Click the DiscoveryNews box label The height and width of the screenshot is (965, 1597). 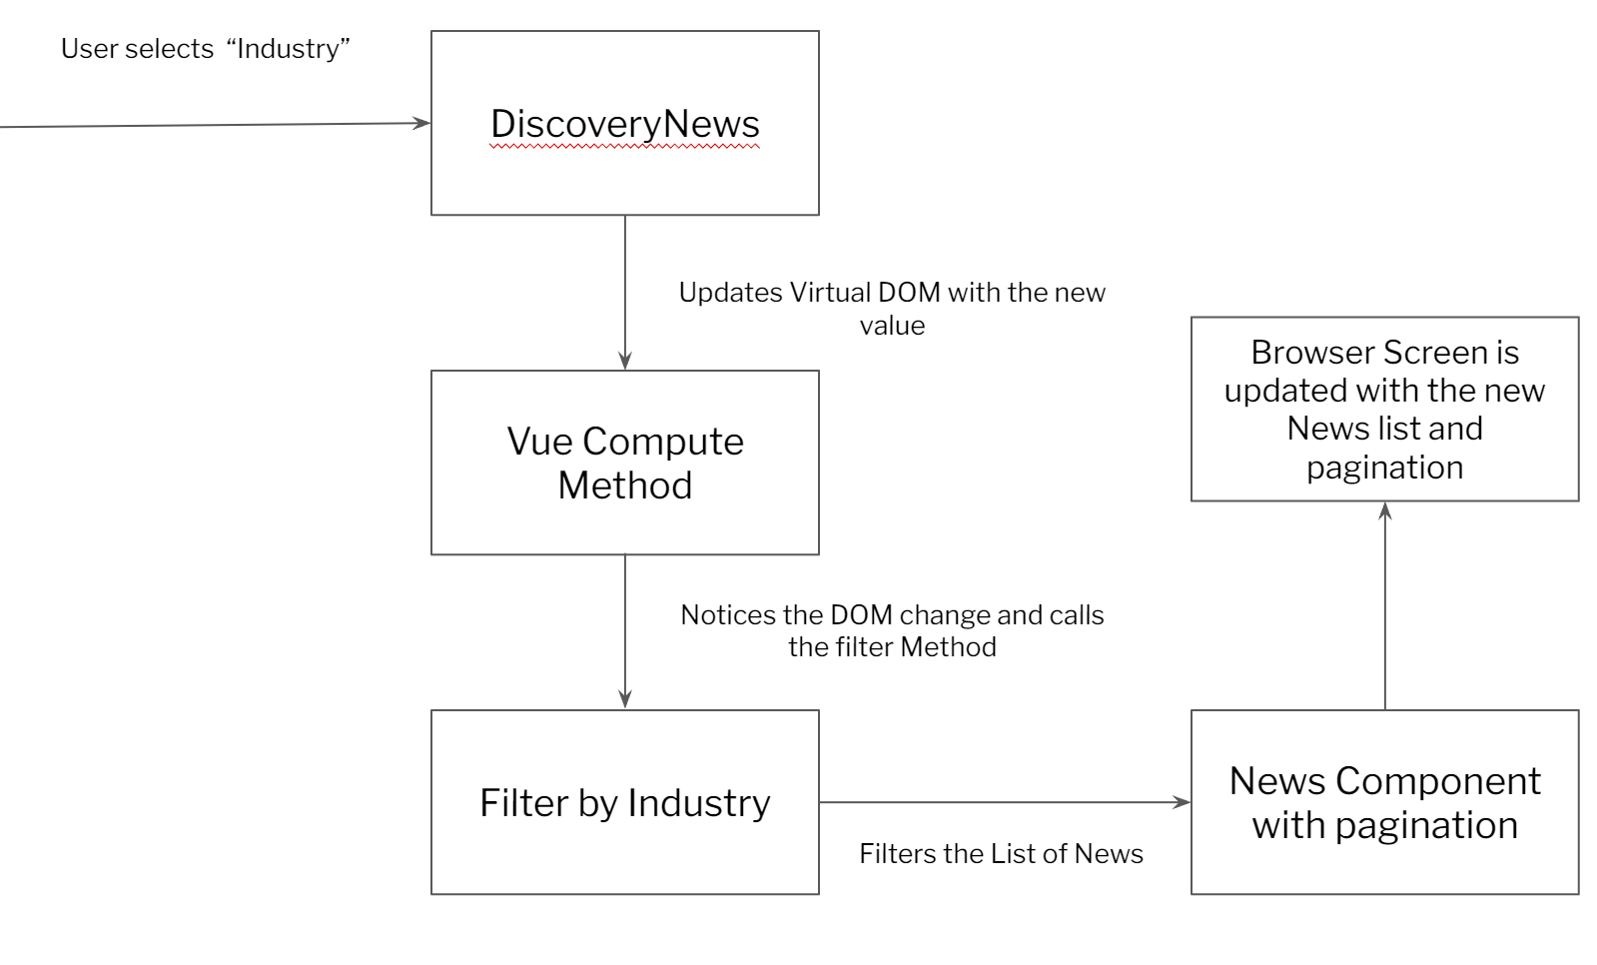coord(625,124)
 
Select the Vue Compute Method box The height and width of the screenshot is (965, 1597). coord(625,463)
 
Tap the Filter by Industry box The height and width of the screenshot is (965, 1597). coord(625,802)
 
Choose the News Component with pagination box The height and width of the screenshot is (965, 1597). coord(1384,802)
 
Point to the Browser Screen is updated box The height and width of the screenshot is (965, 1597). coord(1384,409)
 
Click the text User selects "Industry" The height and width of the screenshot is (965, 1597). coord(205,49)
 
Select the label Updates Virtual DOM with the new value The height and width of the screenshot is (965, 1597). coord(892,308)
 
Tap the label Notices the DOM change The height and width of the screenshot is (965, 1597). coord(892,630)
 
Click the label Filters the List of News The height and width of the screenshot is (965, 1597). coord(1001,853)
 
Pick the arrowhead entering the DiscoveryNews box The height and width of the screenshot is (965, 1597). coord(422,124)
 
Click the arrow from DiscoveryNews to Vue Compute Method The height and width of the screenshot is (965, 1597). coord(625,290)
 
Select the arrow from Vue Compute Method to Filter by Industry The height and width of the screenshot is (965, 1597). coord(625,629)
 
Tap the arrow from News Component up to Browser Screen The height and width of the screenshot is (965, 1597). coord(1384,609)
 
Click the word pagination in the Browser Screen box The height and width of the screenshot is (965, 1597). coord(1384,468)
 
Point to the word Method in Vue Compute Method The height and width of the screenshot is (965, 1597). coord(625,485)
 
